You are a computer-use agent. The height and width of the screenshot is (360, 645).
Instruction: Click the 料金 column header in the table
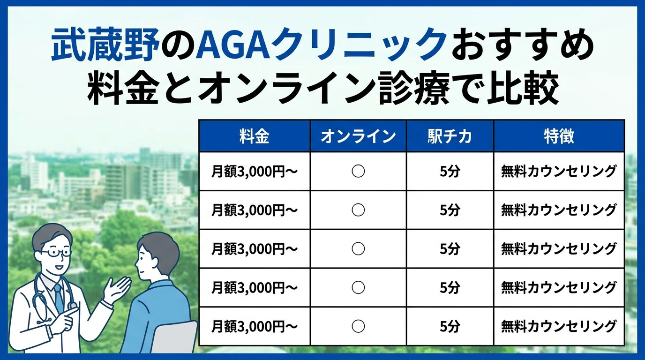(254, 136)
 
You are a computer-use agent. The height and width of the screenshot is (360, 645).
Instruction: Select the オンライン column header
(358, 136)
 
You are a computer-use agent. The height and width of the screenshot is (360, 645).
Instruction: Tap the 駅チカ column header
(450, 136)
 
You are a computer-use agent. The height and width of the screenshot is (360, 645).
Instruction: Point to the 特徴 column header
(559, 136)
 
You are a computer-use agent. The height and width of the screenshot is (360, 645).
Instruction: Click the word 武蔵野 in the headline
(105, 45)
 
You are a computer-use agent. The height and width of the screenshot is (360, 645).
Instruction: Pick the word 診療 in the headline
(413, 87)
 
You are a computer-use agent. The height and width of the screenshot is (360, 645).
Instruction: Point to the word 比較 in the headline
(523, 87)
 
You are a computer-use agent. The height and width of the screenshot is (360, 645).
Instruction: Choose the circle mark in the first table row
(358, 172)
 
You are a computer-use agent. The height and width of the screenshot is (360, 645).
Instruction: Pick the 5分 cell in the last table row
(450, 326)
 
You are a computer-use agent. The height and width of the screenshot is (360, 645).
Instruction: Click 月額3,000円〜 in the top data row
(254, 172)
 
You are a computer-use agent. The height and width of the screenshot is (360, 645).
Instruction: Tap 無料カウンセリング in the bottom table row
(559, 326)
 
